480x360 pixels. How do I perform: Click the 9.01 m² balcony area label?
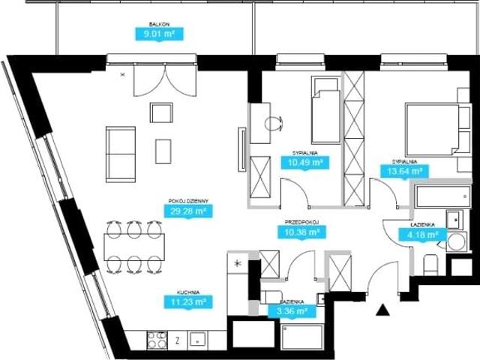tap(159, 34)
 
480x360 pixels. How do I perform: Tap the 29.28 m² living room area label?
tap(188, 211)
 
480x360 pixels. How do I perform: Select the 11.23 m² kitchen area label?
tap(188, 301)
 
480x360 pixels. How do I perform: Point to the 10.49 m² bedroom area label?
tap(305, 163)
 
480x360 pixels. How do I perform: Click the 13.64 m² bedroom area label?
tap(404, 171)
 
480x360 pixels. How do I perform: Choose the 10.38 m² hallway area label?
tap(301, 232)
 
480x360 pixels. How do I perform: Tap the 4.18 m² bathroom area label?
tap(422, 235)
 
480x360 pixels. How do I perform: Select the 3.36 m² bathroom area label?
tap(292, 311)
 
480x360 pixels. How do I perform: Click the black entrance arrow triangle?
tap(382, 310)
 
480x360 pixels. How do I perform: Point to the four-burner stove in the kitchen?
tap(157, 340)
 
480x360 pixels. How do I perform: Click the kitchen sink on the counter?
tap(198, 340)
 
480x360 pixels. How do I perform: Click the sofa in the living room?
tap(121, 154)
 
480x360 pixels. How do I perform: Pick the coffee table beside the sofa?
tap(163, 151)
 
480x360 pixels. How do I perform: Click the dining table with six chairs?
tap(134, 247)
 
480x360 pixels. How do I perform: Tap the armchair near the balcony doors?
tap(161, 112)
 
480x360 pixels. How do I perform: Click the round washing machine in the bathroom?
tap(457, 241)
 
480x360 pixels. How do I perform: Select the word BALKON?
tap(159, 24)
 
